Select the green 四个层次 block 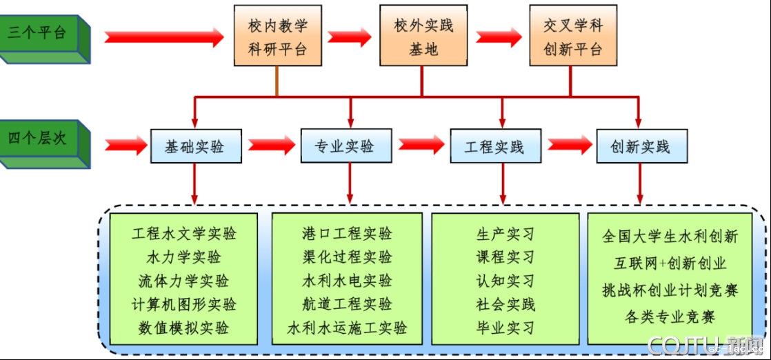click(x=43, y=140)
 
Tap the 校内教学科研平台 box click(x=277, y=37)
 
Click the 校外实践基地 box click(x=423, y=37)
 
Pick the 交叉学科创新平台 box click(x=572, y=37)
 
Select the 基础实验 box click(x=196, y=146)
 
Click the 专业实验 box click(x=346, y=146)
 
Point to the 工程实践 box click(x=494, y=146)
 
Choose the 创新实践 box click(x=641, y=146)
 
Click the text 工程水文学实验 click(x=184, y=234)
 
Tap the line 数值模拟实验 click(x=184, y=328)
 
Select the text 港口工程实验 click(x=347, y=234)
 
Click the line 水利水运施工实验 click(x=347, y=328)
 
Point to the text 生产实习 click(x=505, y=234)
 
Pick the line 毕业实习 click(x=505, y=328)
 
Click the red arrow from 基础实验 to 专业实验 click(x=271, y=146)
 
